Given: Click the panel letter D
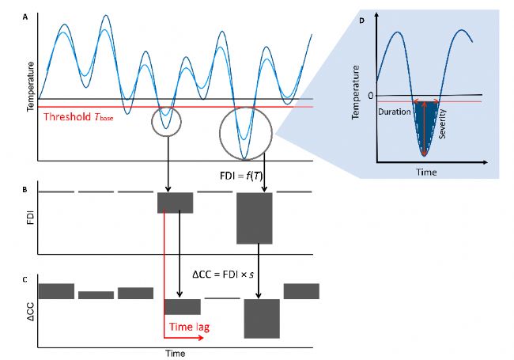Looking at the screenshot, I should (x=361, y=20).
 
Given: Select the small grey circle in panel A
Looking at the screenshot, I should (x=164, y=119).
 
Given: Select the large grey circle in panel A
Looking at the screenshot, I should (x=246, y=132).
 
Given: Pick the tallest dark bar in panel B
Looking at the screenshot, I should (x=255, y=218).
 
